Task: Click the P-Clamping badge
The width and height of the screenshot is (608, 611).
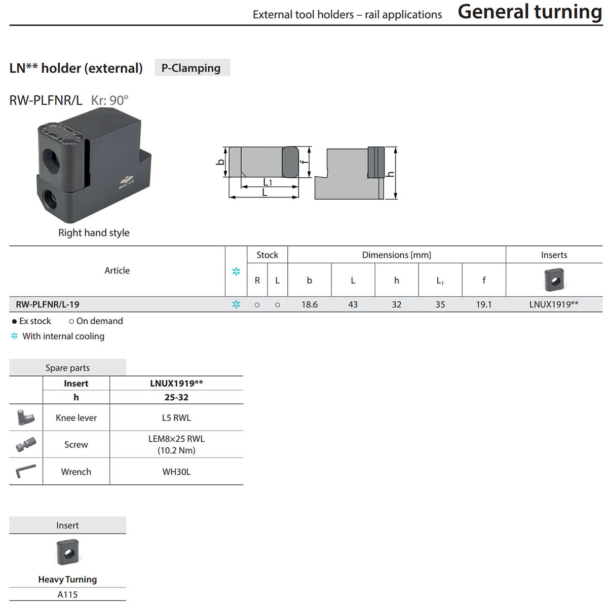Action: (x=192, y=67)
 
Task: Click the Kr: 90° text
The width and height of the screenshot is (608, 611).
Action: (x=109, y=100)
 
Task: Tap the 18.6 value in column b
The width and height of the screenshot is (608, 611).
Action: (x=309, y=304)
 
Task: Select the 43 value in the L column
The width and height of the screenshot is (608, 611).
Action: (x=353, y=304)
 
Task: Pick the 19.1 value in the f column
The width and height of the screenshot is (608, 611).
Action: (x=484, y=304)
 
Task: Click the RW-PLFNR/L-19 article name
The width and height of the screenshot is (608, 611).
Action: (x=48, y=304)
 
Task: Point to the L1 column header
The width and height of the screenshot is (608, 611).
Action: (x=440, y=281)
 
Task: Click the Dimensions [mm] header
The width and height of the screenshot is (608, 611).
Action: (x=396, y=255)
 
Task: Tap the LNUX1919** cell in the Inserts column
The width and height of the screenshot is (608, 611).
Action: (x=553, y=304)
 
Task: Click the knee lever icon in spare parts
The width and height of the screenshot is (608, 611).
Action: (x=25, y=417)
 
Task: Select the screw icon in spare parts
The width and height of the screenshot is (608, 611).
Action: (x=26, y=444)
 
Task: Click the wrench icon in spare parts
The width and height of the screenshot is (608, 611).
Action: (x=25, y=471)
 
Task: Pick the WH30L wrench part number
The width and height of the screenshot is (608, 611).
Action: (x=176, y=472)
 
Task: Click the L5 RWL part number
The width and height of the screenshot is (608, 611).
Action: (x=176, y=417)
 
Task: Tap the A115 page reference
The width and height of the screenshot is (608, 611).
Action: (x=67, y=594)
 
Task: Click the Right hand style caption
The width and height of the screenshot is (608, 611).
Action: (x=94, y=233)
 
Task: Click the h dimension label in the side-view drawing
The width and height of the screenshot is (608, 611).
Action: (x=391, y=174)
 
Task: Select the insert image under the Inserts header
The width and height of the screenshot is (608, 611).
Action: (x=554, y=280)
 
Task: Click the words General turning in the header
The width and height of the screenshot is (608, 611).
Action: (x=529, y=12)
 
